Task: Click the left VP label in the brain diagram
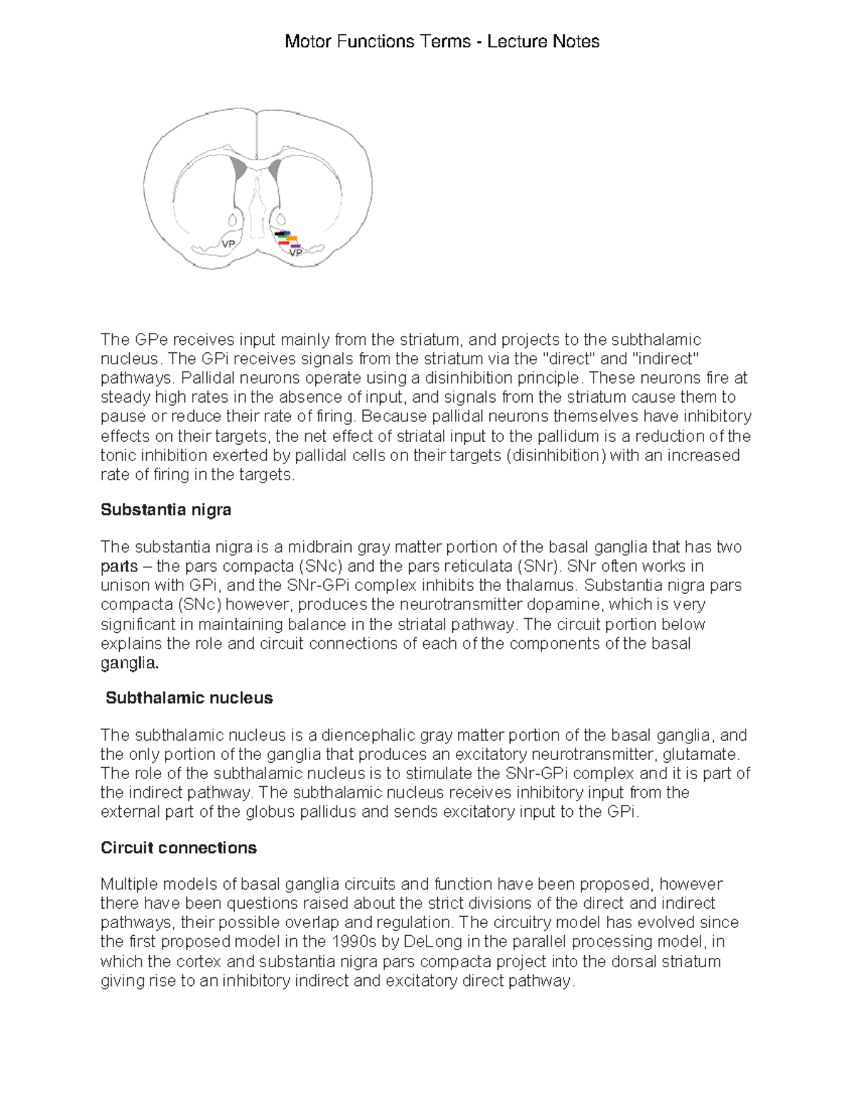tap(228, 244)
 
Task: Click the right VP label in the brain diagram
tap(295, 252)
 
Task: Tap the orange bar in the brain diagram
tap(291, 238)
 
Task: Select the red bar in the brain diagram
tap(283, 243)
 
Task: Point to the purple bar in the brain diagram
tap(295, 246)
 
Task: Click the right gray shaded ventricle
tap(275, 170)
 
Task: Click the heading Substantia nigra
tap(165, 510)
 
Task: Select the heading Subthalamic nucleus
tap(189, 698)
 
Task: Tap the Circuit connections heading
tap(178, 848)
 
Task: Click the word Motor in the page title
tap(307, 41)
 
